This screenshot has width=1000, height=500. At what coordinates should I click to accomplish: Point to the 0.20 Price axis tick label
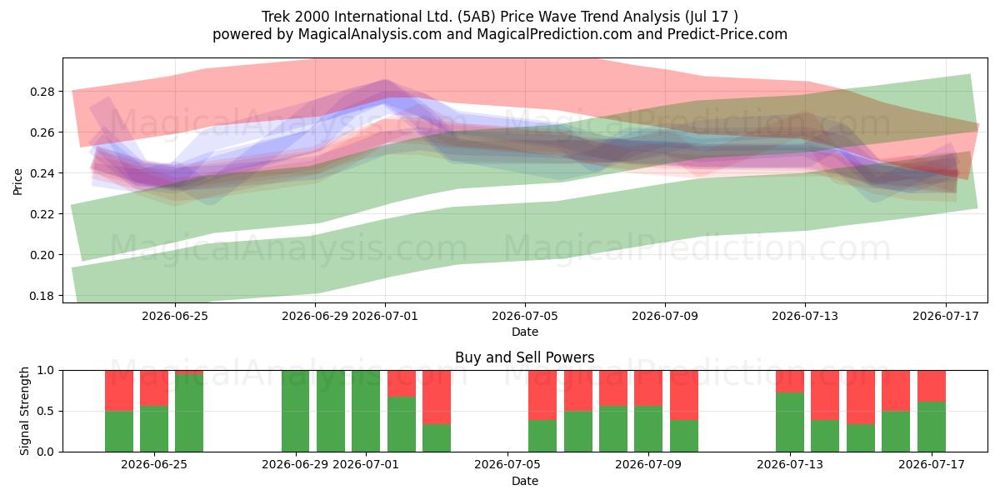pos(42,255)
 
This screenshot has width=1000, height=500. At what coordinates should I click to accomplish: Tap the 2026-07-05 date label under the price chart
pos(525,316)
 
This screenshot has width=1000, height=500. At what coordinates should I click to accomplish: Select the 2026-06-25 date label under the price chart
pos(175,316)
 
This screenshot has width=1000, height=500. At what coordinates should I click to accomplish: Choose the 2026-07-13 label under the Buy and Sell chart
pos(790,464)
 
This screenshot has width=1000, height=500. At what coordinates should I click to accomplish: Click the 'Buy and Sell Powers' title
pos(524,357)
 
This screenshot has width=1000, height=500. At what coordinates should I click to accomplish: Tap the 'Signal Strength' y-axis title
pos(24,411)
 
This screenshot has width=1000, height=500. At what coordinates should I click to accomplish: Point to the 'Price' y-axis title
pos(17,182)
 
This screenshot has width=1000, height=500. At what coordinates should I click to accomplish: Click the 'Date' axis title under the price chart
pos(525,332)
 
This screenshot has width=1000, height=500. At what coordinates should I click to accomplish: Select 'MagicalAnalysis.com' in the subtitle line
pos(370,34)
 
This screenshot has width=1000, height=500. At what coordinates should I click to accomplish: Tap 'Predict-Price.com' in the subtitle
pos(727,34)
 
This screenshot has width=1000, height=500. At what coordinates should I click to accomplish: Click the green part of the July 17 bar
pos(932,427)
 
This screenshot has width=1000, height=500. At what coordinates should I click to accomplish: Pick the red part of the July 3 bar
pos(437,397)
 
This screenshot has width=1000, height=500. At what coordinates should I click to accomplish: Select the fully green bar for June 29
pos(296,411)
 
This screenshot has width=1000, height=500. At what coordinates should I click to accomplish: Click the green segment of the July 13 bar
pos(790,422)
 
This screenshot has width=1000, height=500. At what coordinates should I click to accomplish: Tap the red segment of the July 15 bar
pos(861,397)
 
